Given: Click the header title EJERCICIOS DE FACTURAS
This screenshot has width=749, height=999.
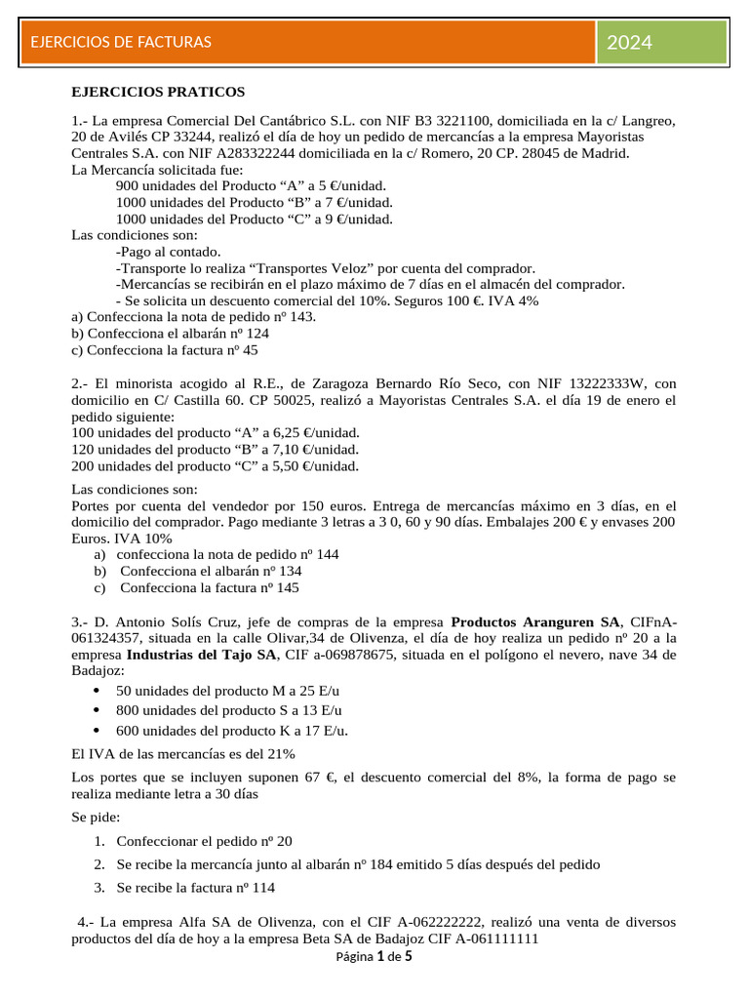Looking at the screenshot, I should coord(121,42).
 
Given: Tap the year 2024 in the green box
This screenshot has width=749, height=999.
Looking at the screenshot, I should coord(630,42).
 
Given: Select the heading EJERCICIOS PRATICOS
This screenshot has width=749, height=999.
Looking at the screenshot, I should coord(158,93).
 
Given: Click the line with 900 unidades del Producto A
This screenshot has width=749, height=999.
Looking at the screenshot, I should coord(251,185).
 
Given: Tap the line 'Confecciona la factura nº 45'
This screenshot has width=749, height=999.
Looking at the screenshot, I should coord(165,349).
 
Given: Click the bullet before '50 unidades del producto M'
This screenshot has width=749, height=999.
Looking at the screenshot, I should coord(95,691).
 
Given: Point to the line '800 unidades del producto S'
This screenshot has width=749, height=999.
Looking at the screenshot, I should coord(229,710).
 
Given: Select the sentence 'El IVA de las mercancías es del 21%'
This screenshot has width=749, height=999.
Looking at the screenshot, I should coord(183,754).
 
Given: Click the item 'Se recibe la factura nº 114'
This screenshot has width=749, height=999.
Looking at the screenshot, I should coord(195,888).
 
